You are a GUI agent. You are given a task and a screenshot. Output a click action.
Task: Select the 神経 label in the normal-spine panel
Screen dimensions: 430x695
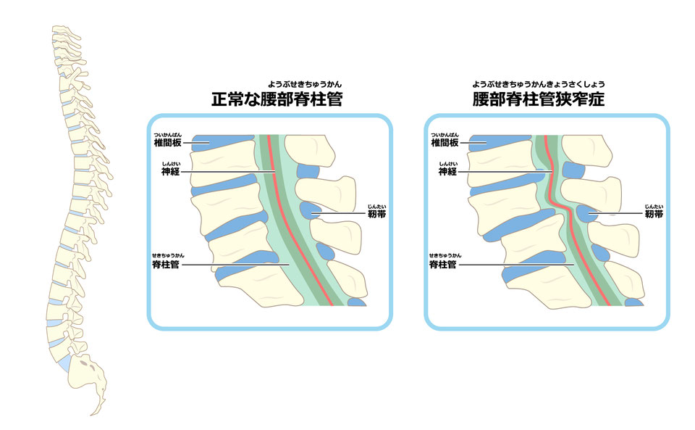pyautogui.click(x=171, y=172)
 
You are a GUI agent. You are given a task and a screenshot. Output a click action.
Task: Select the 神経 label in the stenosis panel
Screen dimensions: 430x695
pyautogui.click(x=448, y=172)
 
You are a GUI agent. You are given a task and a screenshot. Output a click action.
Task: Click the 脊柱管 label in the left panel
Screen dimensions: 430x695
pyautogui.click(x=163, y=265)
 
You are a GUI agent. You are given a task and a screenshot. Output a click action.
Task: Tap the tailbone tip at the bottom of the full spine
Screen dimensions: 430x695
pyautogui.click(x=92, y=413)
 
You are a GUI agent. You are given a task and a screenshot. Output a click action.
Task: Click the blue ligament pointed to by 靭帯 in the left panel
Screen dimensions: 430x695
pyautogui.click(x=313, y=211)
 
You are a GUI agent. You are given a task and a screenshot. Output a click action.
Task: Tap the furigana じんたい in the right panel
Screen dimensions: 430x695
pyautogui.click(x=653, y=206)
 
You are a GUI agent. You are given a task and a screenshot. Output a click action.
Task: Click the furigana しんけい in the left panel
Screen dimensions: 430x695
pyautogui.click(x=171, y=164)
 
